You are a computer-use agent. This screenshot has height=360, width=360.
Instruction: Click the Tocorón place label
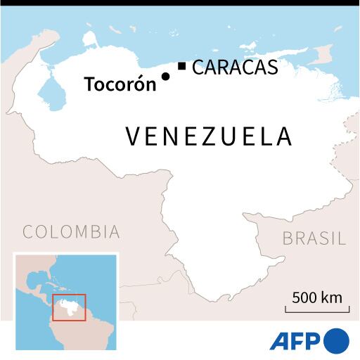point(120,84)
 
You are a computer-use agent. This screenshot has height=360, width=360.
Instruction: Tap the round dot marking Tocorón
point(165,77)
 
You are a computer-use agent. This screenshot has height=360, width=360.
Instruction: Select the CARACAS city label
point(234,67)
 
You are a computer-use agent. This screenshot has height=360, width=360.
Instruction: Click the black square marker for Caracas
point(181,67)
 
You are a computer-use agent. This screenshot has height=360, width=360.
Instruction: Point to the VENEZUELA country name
point(209,136)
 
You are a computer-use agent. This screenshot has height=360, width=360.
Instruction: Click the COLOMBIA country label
point(71,232)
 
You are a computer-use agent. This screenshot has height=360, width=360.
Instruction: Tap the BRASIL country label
point(314,238)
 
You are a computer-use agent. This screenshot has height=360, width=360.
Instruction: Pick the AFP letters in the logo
point(295,341)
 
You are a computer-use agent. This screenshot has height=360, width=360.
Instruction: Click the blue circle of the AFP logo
point(336,341)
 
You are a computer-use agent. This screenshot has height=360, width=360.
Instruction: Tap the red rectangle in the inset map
point(70,307)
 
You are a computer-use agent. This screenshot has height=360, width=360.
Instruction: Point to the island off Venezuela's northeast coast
point(323,53)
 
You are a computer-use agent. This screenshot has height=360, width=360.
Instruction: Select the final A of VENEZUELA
point(283,136)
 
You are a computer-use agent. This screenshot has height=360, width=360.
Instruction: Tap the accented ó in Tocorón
point(137,84)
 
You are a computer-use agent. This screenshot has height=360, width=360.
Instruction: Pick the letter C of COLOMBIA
point(29,232)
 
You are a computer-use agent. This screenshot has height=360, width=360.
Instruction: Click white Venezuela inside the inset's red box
point(68,307)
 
